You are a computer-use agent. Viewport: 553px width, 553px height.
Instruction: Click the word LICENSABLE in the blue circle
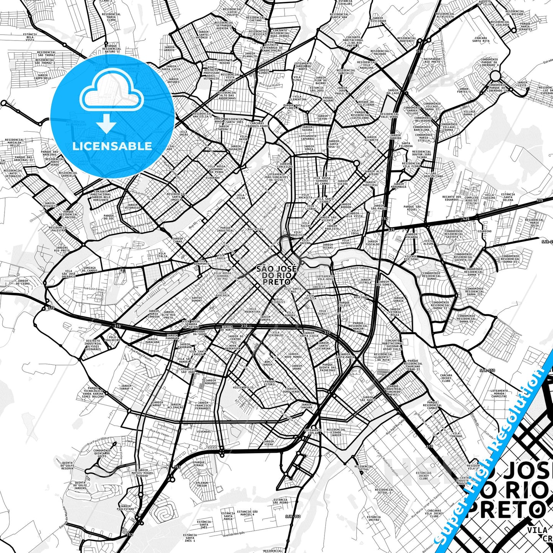[x=112, y=146]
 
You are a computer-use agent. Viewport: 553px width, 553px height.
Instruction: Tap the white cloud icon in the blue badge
[x=111, y=92]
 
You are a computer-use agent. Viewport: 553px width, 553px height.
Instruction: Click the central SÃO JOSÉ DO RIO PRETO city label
[x=276, y=275]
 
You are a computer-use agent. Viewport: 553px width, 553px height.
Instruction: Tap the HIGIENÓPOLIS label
[x=243, y=387]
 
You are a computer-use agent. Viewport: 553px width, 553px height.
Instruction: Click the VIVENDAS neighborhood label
[x=204, y=431]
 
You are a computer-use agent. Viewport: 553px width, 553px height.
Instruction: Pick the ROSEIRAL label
[x=361, y=297]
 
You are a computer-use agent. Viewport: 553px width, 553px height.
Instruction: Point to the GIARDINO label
[x=484, y=231]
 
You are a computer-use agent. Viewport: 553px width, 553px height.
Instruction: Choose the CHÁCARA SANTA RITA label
[x=481, y=39]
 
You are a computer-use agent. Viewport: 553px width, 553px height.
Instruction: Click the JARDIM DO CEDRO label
[x=23, y=282]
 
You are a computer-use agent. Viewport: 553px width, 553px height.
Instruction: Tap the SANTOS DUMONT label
[x=197, y=299]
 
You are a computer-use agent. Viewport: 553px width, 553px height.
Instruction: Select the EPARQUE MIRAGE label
[x=199, y=464]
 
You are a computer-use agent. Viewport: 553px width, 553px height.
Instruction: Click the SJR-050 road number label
[x=487, y=370]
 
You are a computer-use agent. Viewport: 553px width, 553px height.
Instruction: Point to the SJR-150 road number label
[x=293, y=517]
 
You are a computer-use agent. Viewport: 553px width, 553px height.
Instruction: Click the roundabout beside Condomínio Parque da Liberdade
[x=495, y=75]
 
